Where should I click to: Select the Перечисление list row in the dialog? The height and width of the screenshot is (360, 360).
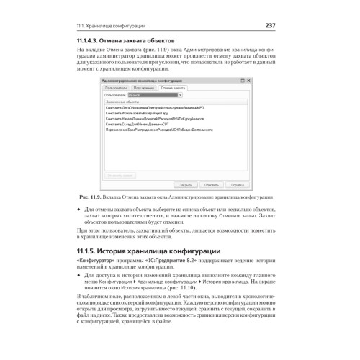(x=155, y=129)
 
